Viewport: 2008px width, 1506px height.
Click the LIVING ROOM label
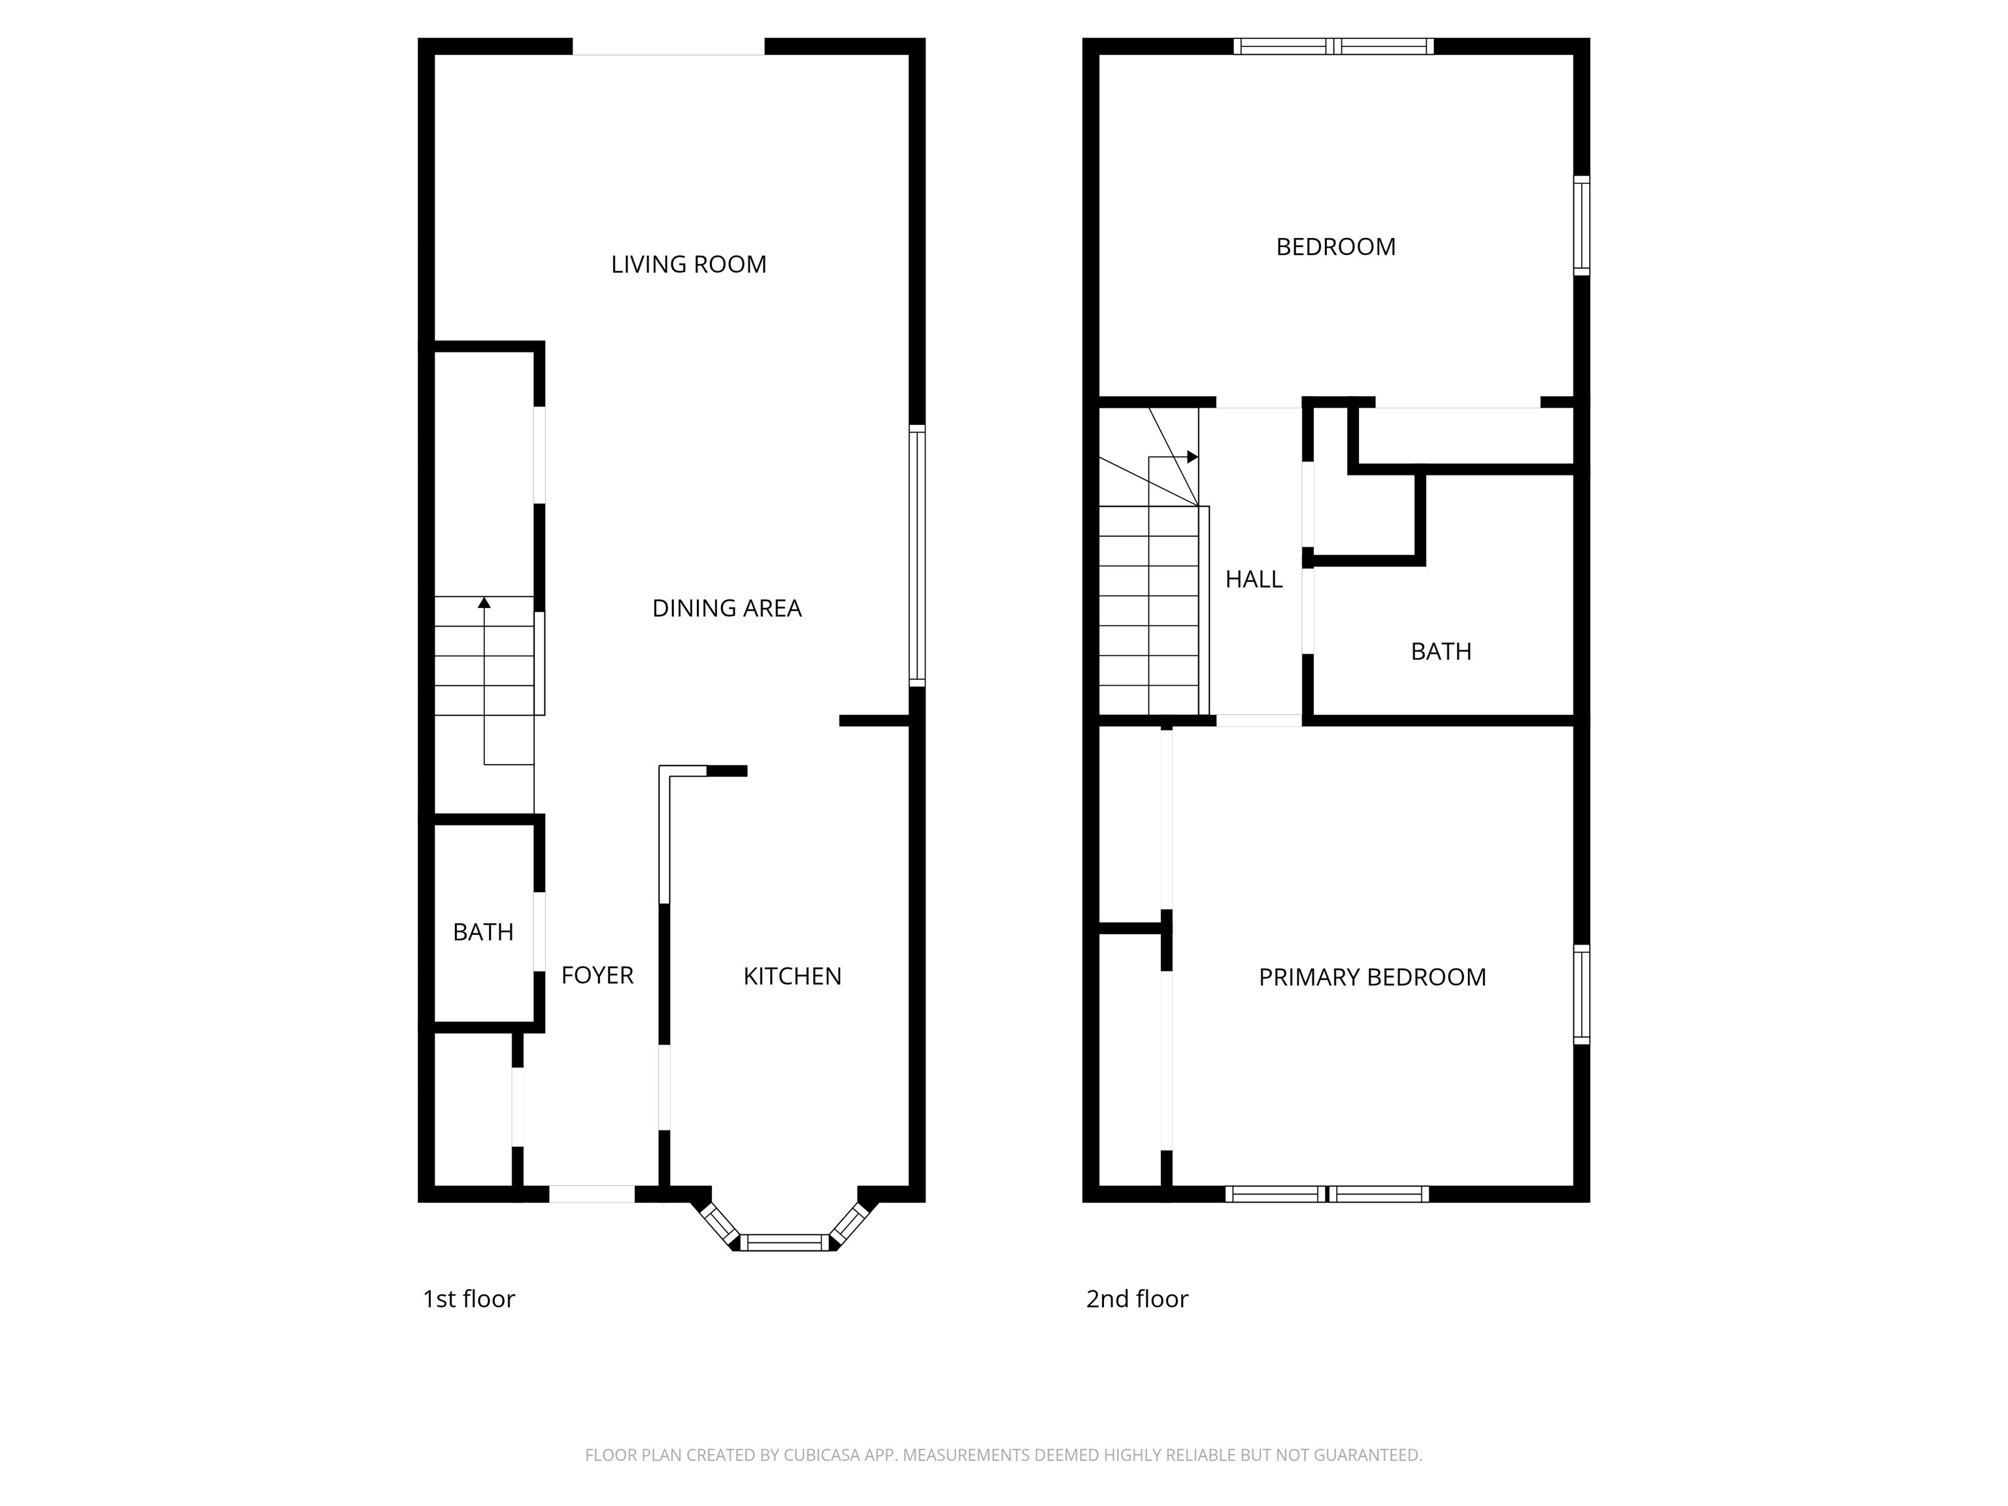click(x=688, y=264)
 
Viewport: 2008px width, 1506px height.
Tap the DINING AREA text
click(x=726, y=608)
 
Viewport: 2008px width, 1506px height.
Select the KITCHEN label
click(x=792, y=976)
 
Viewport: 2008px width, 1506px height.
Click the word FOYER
click(x=596, y=975)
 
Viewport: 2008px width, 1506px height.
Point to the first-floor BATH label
click(x=483, y=932)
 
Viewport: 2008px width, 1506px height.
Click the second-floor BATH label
click(x=1441, y=652)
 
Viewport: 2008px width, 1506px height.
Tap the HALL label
click(x=1253, y=579)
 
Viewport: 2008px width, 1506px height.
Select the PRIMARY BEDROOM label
click(x=1371, y=977)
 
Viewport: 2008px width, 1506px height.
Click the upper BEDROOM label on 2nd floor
click(x=1335, y=247)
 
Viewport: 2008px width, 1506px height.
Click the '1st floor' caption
click(x=469, y=1299)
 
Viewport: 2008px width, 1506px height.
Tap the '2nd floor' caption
click(x=1137, y=1299)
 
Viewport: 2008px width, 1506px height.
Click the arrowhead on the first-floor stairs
click(x=484, y=603)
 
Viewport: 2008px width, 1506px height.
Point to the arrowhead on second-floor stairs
click(x=1192, y=457)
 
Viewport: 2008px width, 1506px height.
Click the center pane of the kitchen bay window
click(x=785, y=1243)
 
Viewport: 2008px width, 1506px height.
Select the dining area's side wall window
click(x=918, y=556)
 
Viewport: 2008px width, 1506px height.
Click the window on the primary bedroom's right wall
click(x=1581, y=994)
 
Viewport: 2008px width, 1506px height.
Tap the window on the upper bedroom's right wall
click(x=1581, y=225)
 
